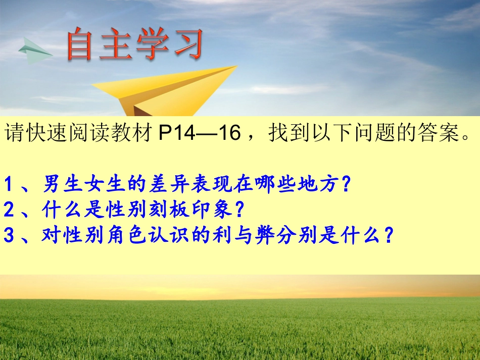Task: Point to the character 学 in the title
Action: [153, 44]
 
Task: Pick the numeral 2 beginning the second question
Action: [9, 209]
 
